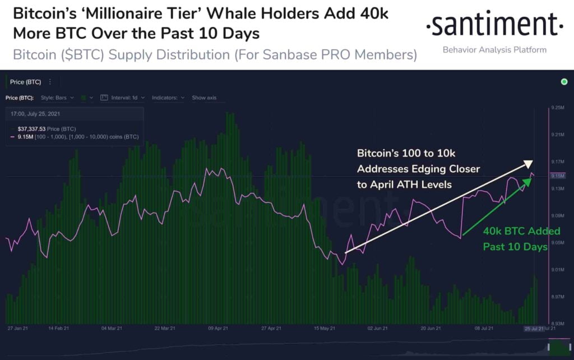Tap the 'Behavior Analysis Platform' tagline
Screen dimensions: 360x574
click(x=494, y=50)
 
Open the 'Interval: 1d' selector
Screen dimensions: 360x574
click(x=123, y=98)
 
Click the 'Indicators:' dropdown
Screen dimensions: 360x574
click(x=168, y=98)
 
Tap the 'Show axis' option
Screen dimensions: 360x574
click(x=204, y=98)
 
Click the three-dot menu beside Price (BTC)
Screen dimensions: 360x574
click(x=50, y=82)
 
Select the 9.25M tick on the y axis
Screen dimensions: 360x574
click(x=557, y=108)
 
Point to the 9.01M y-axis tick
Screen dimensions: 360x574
click(x=557, y=270)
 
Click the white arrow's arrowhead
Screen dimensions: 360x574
click(x=528, y=163)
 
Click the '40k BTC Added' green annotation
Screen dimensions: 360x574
click(x=513, y=231)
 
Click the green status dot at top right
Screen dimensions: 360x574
click(x=564, y=82)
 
